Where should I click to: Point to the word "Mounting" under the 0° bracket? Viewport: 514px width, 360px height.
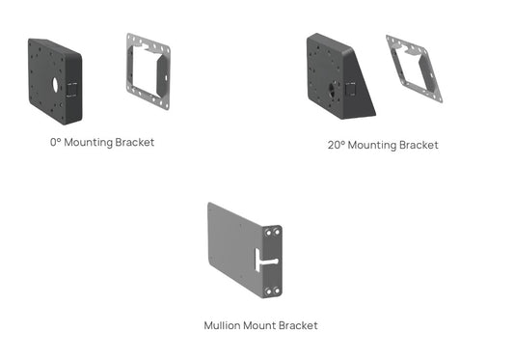pyautogui.click(x=92, y=143)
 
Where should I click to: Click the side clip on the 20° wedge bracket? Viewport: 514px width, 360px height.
pyautogui.click(x=351, y=88)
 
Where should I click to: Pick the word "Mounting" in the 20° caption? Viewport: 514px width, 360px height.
pyautogui.click(x=374, y=145)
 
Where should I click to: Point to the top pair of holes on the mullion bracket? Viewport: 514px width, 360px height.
pyautogui.click(x=271, y=232)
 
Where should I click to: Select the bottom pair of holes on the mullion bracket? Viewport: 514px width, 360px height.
pyautogui.click(x=271, y=287)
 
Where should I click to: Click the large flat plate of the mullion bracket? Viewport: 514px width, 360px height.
pyautogui.click(x=231, y=251)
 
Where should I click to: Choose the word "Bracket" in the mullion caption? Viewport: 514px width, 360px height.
pyautogui.click(x=299, y=325)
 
